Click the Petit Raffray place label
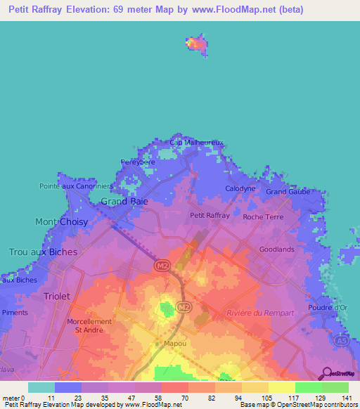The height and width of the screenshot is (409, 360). click(x=210, y=216)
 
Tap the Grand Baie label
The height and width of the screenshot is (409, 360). click(x=124, y=202)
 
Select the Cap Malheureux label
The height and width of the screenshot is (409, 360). click(x=197, y=143)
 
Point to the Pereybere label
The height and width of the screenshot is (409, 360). click(x=138, y=162)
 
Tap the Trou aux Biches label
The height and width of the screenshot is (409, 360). click(x=42, y=252)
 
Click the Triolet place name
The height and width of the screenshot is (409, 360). click(x=57, y=297)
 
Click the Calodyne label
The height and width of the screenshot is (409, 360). click(x=240, y=189)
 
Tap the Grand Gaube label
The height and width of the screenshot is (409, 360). click(x=287, y=191)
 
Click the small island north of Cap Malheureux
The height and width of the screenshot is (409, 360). click(x=197, y=44)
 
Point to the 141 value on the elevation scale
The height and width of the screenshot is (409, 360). click(x=348, y=398)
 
